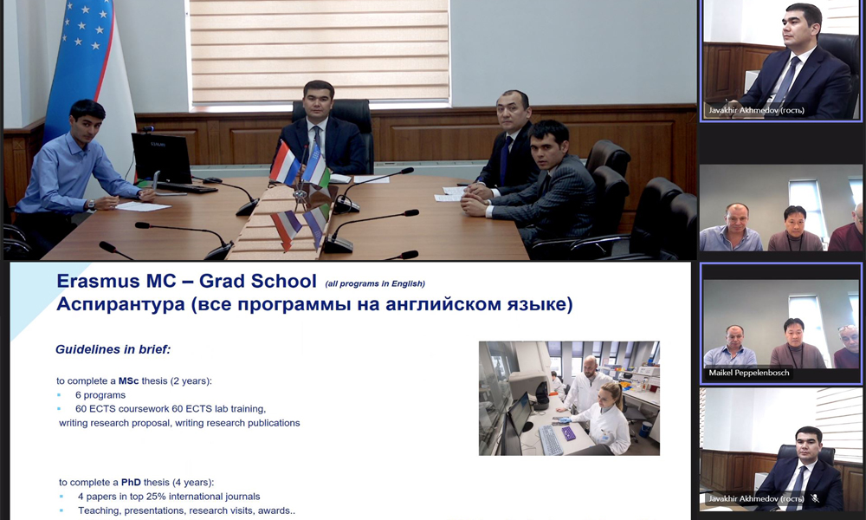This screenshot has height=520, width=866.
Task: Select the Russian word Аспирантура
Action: click(x=120, y=304)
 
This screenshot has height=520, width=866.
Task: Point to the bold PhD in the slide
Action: click(x=131, y=482)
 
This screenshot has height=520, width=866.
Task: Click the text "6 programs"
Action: click(x=100, y=395)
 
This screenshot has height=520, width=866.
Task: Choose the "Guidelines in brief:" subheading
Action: click(x=113, y=349)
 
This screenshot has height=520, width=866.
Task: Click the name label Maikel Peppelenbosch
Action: click(x=749, y=373)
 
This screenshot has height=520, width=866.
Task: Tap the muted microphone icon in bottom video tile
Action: click(x=815, y=498)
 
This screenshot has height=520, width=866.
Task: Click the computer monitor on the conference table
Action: click(x=162, y=159)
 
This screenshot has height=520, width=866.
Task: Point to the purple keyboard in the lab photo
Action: click(x=568, y=433)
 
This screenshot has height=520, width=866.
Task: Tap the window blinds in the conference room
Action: click(x=320, y=52)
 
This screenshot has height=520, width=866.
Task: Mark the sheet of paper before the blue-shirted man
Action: click(x=143, y=206)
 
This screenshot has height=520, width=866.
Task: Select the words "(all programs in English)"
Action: click(x=375, y=283)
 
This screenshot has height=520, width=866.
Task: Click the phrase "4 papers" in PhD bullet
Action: click(x=97, y=497)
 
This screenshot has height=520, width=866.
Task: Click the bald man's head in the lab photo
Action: click(x=591, y=364)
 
